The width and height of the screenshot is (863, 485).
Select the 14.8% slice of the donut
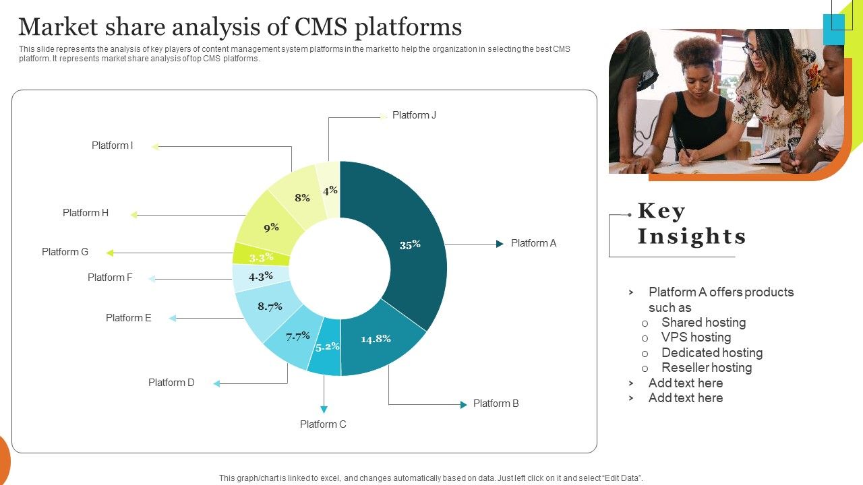click(x=376, y=339)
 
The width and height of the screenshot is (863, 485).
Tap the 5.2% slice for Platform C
click(x=327, y=347)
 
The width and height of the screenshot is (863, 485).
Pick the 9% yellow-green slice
click(x=271, y=228)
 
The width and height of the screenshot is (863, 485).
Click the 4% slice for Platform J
click(x=330, y=191)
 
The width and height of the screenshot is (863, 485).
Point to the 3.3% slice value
click(x=261, y=257)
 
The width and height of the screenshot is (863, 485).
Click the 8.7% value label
click(x=270, y=306)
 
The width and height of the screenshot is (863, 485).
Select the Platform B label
click(x=496, y=403)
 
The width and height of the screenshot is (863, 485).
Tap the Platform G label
click(x=65, y=252)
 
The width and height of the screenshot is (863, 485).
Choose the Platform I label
click(x=112, y=145)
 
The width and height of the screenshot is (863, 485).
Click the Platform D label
click(x=171, y=383)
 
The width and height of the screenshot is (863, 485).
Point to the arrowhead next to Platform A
click(x=500, y=244)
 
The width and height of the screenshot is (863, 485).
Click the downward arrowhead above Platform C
click(x=324, y=409)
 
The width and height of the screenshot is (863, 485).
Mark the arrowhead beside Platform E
click(x=173, y=319)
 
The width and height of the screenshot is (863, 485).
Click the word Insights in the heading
click(x=692, y=236)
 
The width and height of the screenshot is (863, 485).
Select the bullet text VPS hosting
click(x=696, y=337)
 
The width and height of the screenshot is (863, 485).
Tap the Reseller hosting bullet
click(x=707, y=368)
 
